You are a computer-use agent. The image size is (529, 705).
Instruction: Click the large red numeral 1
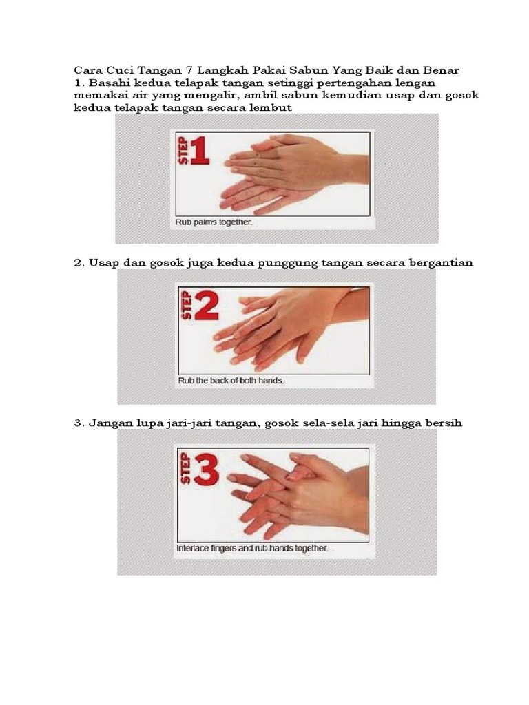(200, 151)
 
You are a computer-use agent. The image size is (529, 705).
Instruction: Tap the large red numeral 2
(206, 306)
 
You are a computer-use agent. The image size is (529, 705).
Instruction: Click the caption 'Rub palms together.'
(214, 222)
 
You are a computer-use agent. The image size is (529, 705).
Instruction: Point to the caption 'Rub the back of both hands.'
(231, 381)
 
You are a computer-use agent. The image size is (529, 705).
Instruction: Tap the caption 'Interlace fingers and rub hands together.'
(252, 549)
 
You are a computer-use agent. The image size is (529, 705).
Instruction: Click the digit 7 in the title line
(189, 71)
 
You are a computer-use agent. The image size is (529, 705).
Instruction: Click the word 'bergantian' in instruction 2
(441, 263)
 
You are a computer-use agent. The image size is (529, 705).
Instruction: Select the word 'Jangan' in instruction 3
(110, 423)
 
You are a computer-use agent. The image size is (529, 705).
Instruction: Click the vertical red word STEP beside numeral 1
(183, 151)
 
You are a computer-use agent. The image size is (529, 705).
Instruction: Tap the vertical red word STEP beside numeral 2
(186, 306)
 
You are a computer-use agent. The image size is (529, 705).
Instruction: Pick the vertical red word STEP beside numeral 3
(186, 470)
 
